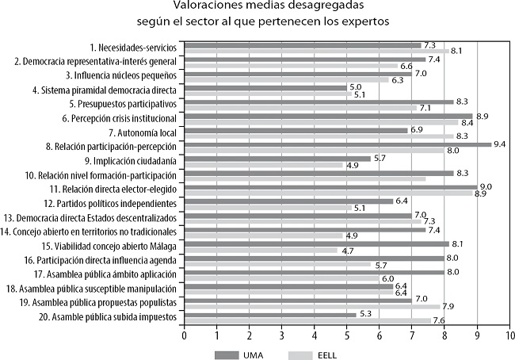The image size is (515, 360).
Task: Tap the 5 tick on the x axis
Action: click(x=347, y=335)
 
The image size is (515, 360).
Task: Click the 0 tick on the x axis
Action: click(x=185, y=335)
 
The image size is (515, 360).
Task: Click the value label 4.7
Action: click(x=347, y=251)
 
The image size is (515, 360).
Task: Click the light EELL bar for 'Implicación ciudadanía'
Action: click(x=264, y=165)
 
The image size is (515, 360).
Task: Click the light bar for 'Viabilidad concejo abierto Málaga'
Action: click(x=261, y=250)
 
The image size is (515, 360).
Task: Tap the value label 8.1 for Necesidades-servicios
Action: click(x=456, y=51)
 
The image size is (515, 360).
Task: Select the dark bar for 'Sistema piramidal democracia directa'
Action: click(x=265, y=87)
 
